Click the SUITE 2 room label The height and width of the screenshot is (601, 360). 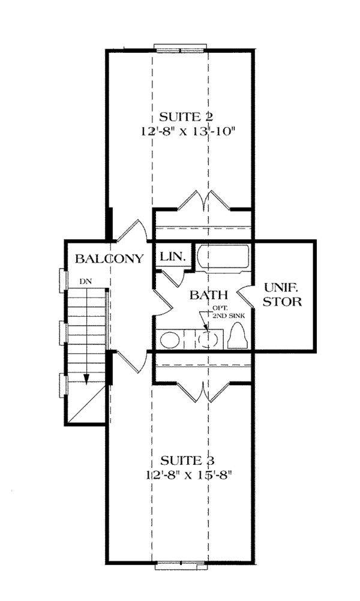click(186, 116)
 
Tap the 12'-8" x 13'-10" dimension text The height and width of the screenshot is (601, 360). click(187, 131)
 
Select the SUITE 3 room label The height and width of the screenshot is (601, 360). click(187, 459)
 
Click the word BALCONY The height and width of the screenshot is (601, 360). click(109, 259)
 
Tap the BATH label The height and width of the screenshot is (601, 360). click(209, 295)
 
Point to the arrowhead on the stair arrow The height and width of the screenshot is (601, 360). click(86, 378)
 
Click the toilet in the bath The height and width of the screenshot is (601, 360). click(238, 336)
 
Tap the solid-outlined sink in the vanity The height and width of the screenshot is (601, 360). click(170, 340)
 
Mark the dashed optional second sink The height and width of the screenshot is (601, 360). click(209, 339)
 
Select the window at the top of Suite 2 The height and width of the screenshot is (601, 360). click(180, 48)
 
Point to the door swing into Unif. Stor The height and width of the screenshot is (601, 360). click(247, 297)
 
